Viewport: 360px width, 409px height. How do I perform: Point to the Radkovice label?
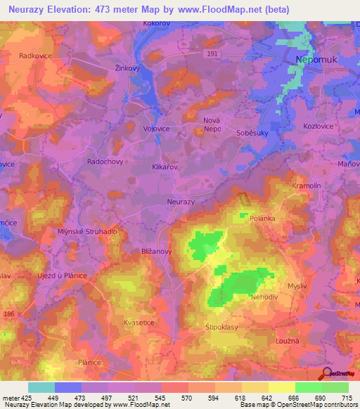click(36, 55)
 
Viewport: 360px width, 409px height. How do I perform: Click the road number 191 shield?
click(212, 53)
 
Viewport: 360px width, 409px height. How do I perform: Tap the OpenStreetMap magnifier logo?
click(327, 375)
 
